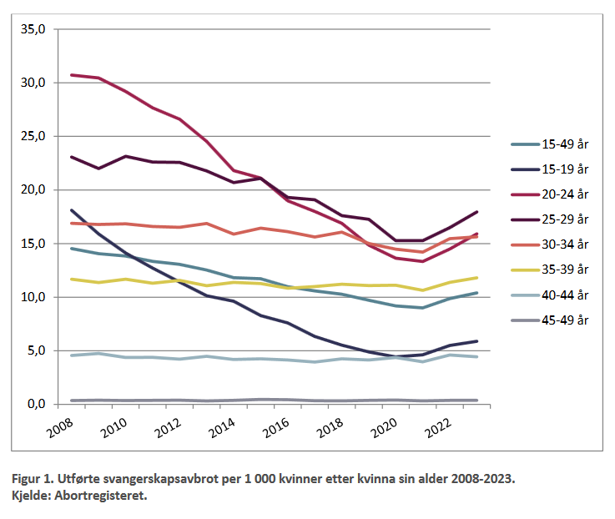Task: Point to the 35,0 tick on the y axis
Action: click(x=40, y=29)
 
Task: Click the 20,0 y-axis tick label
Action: click(x=40, y=189)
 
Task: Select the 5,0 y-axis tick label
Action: click(x=43, y=350)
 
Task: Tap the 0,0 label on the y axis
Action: click(x=43, y=404)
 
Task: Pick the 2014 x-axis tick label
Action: click(x=222, y=428)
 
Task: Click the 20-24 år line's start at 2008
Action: click(x=71, y=75)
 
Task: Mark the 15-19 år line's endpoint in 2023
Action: click(x=476, y=341)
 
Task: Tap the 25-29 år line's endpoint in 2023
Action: click(x=476, y=212)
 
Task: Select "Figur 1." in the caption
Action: click(x=32, y=481)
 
